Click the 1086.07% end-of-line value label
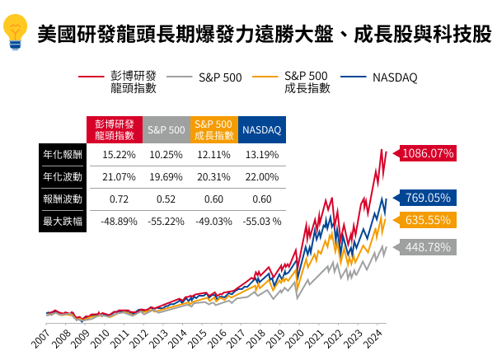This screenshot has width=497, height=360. click(429, 153)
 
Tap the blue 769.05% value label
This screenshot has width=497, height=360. click(429, 198)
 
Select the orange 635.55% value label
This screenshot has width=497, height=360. click(429, 220)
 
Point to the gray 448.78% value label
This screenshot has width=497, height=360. click(429, 247)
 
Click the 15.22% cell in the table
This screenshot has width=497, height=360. click(119, 154)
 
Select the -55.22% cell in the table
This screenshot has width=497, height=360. click(166, 221)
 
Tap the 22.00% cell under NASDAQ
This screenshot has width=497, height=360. click(262, 176)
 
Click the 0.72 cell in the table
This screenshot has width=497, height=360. click(119, 199)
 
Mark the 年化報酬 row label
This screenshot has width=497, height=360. click(63, 154)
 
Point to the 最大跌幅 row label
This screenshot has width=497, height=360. click(63, 221)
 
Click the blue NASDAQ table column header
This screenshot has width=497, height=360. click(262, 130)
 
